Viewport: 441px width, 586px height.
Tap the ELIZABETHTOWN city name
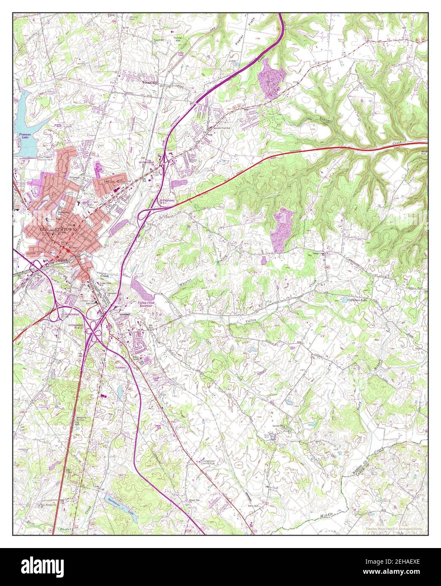(x=56, y=229)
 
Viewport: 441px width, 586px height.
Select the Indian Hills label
(x=109, y=182)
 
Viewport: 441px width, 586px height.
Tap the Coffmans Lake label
(x=346, y=299)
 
